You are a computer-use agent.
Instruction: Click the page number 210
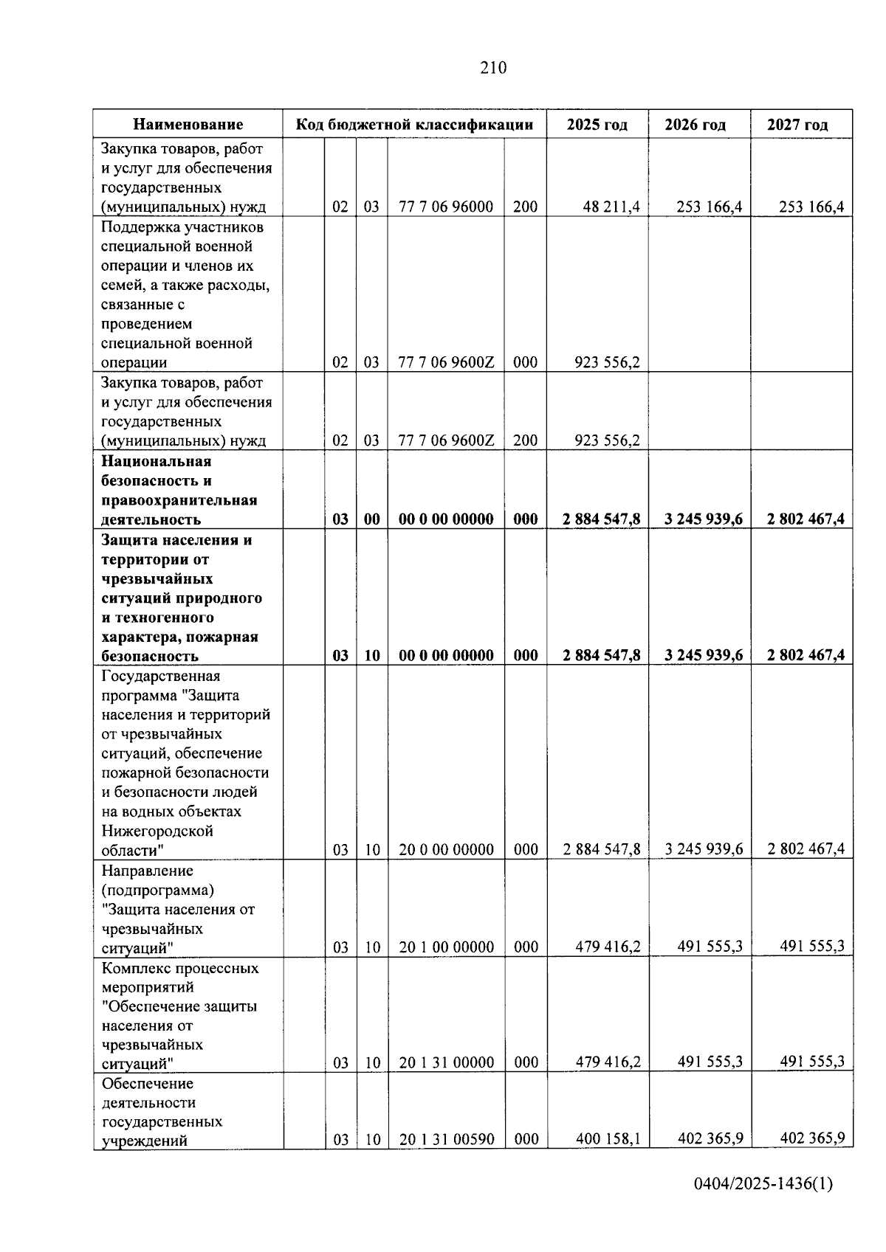pyautogui.click(x=493, y=68)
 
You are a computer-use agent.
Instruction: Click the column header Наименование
pyautogui.click(x=188, y=125)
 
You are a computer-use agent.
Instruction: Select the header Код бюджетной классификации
pyautogui.click(x=414, y=125)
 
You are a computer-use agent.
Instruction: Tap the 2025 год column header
pyautogui.click(x=597, y=125)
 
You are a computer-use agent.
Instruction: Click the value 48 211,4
pyautogui.click(x=611, y=207)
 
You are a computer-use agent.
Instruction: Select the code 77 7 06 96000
pyautogui.click(x=446, y=207)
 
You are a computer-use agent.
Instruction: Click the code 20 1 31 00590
pyautogui.click(x=447, y=1140)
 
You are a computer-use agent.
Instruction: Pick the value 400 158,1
pyautogui.click(x=608, y=1139)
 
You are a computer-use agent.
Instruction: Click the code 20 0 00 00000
pyautogui.click(x=447, y=850)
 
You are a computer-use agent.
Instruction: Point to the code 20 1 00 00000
pyautogui.click(x=447, y=947)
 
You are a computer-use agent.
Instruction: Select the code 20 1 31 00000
pyautogui.click(x=447, y=1063)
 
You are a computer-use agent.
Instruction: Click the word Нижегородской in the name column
pyautogui.click(x=157, y=831)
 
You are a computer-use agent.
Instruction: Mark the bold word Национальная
pyautogui.click(x=157, y=462)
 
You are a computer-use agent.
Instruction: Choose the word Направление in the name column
pyautogui.click(x=147, y=871)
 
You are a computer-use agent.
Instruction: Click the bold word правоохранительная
pyautogui.click(x=179, y=501)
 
